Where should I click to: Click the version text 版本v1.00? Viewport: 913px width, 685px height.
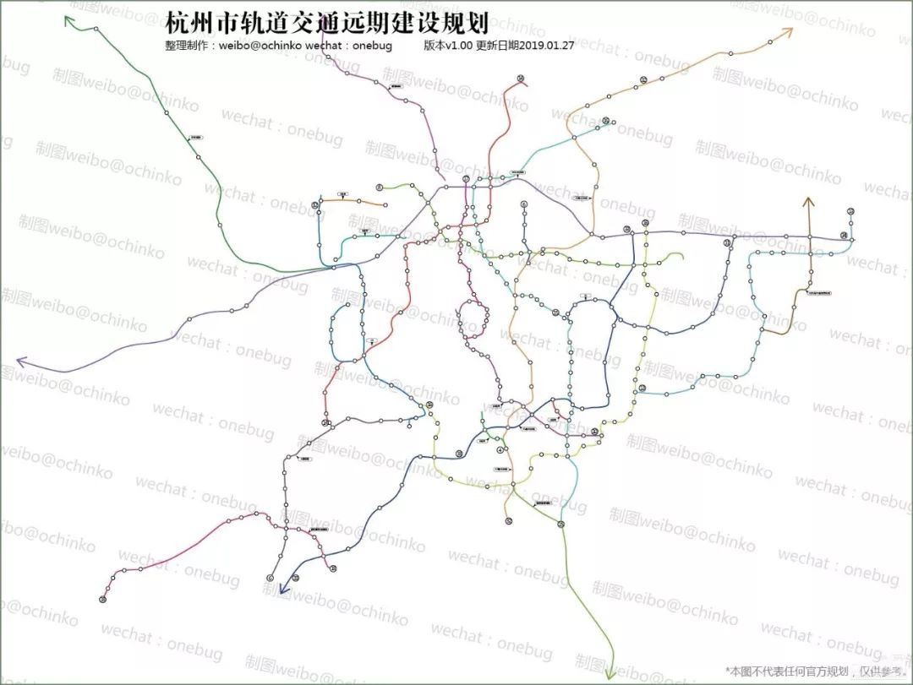click(448, 46)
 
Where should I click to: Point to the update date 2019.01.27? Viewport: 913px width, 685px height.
click(549, 46)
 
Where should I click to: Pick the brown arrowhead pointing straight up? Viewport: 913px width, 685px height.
click(808, 202)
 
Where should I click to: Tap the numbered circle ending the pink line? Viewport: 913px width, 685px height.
click(102, 600)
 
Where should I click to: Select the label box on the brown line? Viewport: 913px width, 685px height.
click(817, 293)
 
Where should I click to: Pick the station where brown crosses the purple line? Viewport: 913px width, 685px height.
click(809, 237)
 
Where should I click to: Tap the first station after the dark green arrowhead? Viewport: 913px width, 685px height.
click(96, 30)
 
